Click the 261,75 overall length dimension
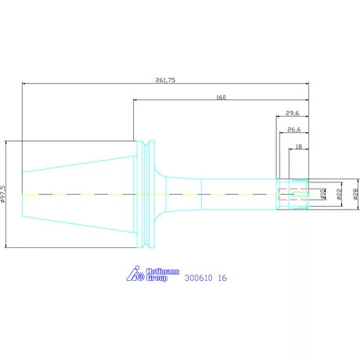tap(165, 80)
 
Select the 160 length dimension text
tap(221, 97)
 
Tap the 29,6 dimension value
tap(293, 113)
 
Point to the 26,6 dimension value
tap(294, 129)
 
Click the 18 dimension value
tap(299, 146)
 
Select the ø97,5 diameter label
tap(2, 194)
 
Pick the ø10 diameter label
tap(323, 194)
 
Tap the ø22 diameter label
tap(339, 194)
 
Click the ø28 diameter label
tap(355, 194)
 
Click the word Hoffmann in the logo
tap(163, 272)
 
